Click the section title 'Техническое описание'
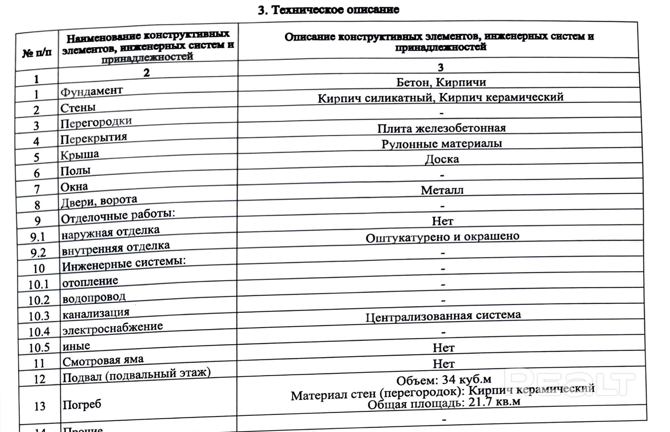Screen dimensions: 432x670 coord(329,10)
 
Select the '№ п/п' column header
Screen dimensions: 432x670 coord(37,53)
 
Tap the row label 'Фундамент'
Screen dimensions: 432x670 coord(91,91)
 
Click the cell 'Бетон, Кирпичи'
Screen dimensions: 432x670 coord(441,83)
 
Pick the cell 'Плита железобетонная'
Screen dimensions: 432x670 coord(441,128)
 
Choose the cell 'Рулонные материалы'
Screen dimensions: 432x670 coord(441,144)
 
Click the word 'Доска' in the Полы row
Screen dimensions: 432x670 coord(442,159)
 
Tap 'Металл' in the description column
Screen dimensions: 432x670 coord(442,190)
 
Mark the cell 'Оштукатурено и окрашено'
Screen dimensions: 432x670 coord(442,237)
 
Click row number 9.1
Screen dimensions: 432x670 coord(38,237)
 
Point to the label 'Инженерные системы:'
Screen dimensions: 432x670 coord(124,264)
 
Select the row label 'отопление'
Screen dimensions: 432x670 coord(90,281)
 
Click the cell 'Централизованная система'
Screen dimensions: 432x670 coord(443,316)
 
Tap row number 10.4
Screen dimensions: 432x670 coord(39,332)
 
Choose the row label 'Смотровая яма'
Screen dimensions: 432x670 coord(103,360)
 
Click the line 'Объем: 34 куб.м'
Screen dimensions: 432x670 coord(443,380)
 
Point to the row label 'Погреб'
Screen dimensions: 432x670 coord(82,404)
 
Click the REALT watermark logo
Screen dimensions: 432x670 coord(570,382)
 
